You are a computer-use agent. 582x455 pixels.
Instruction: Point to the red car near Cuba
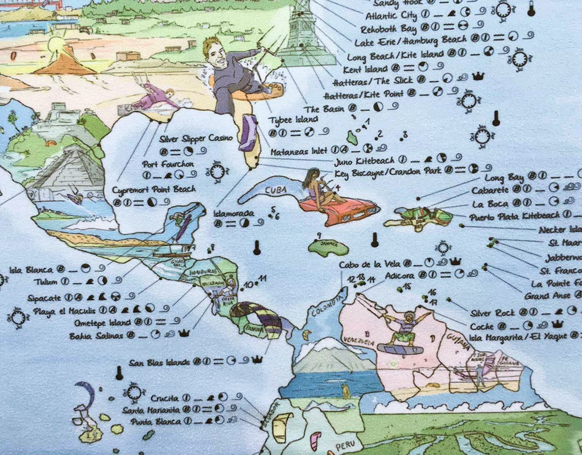click(339, 209)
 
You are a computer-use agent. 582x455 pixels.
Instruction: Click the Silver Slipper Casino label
click(196, 138)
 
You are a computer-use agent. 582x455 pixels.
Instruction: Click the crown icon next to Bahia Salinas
click(184, 333)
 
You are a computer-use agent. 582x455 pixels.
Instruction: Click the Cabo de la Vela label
click(369, 264)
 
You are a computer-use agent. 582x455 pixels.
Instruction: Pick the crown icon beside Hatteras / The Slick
click(478, 76)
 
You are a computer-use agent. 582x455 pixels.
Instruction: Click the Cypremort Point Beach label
click(154, 189)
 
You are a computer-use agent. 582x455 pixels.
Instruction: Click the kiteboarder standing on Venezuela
click(402, 329)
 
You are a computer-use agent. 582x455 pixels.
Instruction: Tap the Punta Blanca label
click(155, 422)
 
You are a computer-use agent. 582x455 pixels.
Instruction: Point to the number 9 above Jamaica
click(319, 235)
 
